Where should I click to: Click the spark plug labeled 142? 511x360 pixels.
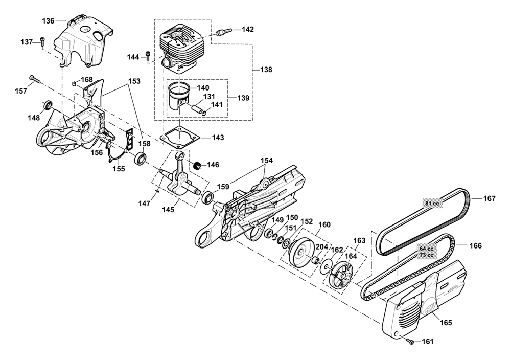[x=224, y=32]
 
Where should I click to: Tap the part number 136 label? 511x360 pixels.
[x=48, y=21]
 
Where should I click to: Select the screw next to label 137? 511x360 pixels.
[x=43, y=41]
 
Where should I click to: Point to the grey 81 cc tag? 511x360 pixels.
[x=432, y=204]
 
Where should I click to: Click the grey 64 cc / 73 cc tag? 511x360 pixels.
[x=426, y=252]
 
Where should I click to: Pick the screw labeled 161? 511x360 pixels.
[x=410, y=341]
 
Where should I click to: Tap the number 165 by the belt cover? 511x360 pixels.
[x=446, y=322]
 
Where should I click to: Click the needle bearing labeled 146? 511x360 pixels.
[x=197, y=165]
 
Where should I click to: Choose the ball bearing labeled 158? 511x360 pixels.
[x=141, y=159]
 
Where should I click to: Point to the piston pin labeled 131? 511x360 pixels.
[x=198, y=108]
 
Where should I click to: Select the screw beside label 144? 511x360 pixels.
[x=148, y=56]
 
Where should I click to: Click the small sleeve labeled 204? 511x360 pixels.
[x=315, y=261]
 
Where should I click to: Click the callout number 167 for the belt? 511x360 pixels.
[x=489, y=198]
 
